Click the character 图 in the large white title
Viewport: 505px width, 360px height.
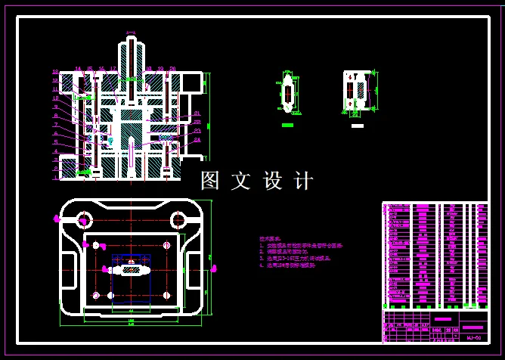[x=211, y=181]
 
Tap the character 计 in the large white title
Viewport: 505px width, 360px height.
[x=303, y=181]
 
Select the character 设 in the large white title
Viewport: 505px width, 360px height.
[x=272, y=181]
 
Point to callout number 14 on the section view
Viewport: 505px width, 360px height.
[x=78, y=70]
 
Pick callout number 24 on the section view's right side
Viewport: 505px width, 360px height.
[x=197, y=139]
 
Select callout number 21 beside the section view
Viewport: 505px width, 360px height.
[x=197, y=113]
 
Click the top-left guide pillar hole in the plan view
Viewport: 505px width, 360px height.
[x=83, y=220]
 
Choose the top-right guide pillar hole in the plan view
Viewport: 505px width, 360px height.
[x=178, y=220]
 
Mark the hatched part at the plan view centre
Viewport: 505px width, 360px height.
[x=132, y=269]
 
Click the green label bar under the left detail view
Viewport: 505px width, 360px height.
[x=287, y=124]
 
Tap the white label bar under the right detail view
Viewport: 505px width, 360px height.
[x=358, y=125]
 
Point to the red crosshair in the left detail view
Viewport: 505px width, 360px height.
[x=287, y=94]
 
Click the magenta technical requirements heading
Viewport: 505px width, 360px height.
[x=269, y=238]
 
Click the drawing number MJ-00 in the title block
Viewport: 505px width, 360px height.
[x=474, y=338]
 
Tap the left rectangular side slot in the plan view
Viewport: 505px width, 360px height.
[x=73, y=269]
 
